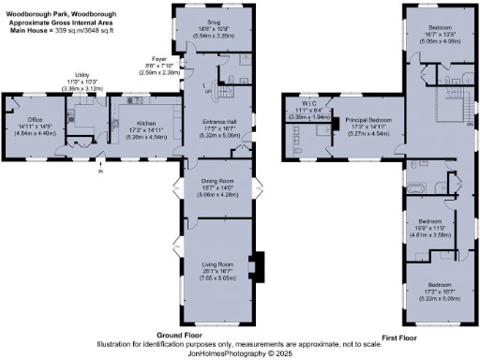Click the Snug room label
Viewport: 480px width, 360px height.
point(215,21)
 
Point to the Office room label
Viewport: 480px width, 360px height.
point(36,120)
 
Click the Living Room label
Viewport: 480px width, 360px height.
point(215,265)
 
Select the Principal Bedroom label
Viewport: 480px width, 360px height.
point(368,120)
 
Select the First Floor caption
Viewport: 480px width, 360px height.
point(401,335)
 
